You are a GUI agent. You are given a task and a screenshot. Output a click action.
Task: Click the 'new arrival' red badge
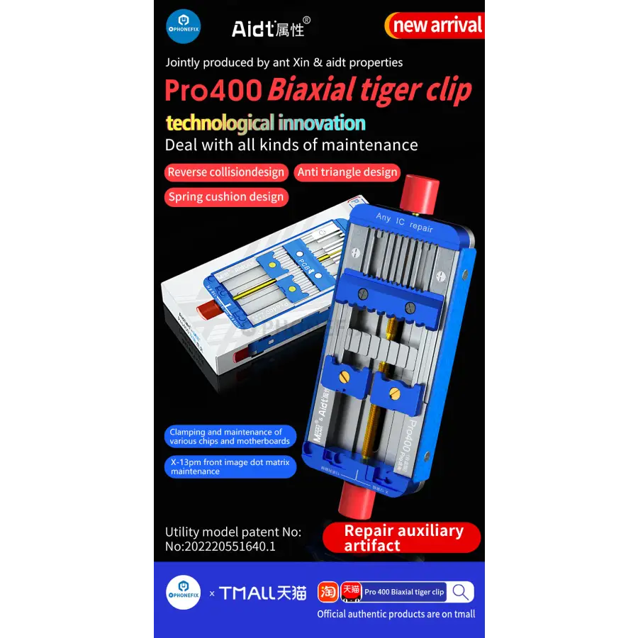(x=435, y=26)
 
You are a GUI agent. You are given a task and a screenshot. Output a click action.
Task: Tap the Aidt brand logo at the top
(x=272, y=28)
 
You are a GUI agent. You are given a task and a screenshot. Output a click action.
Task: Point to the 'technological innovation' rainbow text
(x=265, y=123)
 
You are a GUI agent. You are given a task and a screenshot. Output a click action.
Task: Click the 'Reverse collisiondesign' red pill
(x=226, y=172)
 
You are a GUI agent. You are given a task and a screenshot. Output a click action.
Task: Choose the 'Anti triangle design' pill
(x=347, y=172)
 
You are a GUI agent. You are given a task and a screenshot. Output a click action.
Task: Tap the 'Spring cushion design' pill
(x=226, y=197)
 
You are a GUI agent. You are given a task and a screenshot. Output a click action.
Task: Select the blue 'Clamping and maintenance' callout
(x=230, y=437)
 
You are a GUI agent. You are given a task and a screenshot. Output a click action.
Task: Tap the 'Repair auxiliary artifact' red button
(x=402, y=538)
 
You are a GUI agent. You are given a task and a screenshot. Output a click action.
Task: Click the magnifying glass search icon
(x=461, y=592)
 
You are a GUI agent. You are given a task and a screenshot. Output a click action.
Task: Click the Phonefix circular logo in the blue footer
(x=183, y=593)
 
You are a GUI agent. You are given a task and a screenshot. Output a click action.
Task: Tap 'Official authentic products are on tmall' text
(x=396, y=614)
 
